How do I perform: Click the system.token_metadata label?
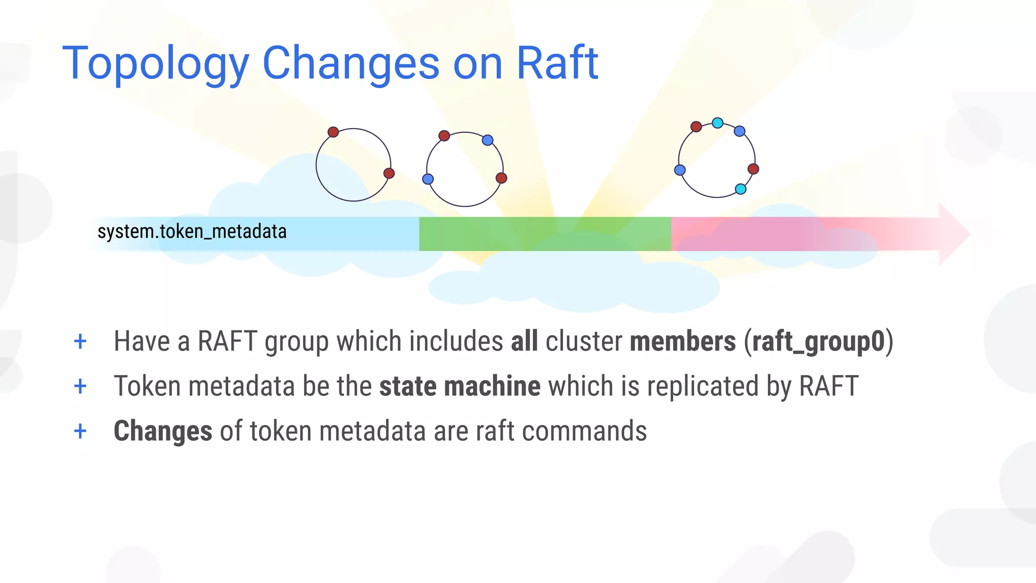point(192,232)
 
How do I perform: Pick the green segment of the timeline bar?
point(545,234)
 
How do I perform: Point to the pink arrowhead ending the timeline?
point(954,234)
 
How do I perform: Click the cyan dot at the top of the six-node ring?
point(717,122)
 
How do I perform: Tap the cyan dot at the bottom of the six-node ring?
point(741,189)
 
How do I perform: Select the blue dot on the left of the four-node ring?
point(428,179)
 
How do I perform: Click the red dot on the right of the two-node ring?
point(389,174)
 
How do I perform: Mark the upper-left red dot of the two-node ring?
point(333,132)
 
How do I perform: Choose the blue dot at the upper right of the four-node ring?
point(488,140)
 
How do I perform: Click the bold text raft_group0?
point(818,341)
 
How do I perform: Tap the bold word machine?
point(492,386)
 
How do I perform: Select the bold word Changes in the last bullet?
point(163,431)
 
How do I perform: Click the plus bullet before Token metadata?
point(80,387)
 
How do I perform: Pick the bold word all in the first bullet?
point(524,341)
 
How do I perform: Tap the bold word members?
point(682,341)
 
